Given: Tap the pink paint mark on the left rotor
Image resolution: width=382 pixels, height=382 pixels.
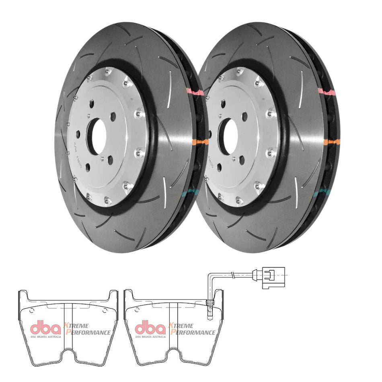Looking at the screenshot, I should [x=194, y=91].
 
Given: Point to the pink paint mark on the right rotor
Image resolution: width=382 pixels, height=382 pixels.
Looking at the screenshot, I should [x=327, y=92].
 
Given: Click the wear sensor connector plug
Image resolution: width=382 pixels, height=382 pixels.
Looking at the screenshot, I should [x=273, y=278].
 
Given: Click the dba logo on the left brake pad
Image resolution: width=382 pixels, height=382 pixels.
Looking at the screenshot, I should [x=46, y=327].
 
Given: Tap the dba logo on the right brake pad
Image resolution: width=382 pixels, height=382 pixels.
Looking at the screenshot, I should [x=150, y=327].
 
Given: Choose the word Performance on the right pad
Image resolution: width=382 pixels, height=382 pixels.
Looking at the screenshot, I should [x=192, y=332].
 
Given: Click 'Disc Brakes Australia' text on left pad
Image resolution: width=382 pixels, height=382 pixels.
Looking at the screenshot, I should [x=46, y=337].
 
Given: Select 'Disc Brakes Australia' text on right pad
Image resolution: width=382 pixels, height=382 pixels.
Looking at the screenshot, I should [x=150, y=337].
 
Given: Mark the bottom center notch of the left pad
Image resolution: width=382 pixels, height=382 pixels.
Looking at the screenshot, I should [x=68, y=356].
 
